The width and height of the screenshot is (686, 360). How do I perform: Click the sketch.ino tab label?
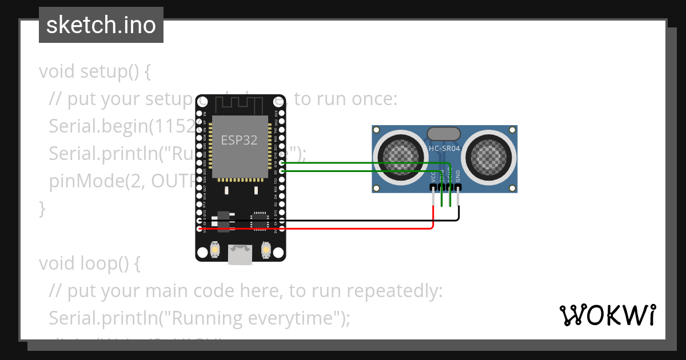(101, 25)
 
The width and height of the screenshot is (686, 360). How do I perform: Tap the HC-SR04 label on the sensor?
(444, 149)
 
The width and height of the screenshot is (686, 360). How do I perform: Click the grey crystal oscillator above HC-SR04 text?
(444, 134)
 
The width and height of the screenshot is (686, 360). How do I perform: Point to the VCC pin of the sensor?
(433, 187)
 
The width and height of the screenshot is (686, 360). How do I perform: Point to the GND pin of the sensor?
(458, 187)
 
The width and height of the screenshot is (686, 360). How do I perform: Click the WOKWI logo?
(607, 315)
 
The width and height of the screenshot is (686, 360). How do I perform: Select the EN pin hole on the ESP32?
(199, 114)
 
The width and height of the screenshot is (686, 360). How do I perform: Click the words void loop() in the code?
(89, 263)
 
